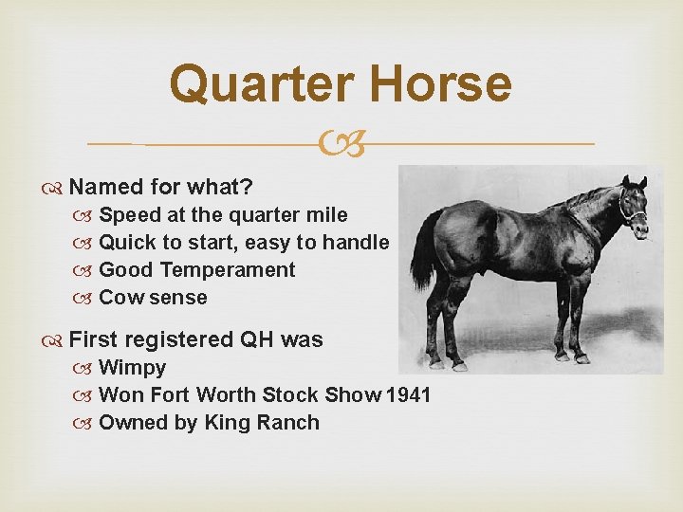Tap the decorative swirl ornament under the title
(x=341, y=144)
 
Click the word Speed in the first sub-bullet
(x=130, y=215)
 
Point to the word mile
(x=325, y=215)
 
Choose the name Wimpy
(x=132, y=368)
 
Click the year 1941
(x=409, y=395)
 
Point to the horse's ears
(x=634, y=181)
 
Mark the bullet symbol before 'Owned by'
(x=87, y=423)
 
